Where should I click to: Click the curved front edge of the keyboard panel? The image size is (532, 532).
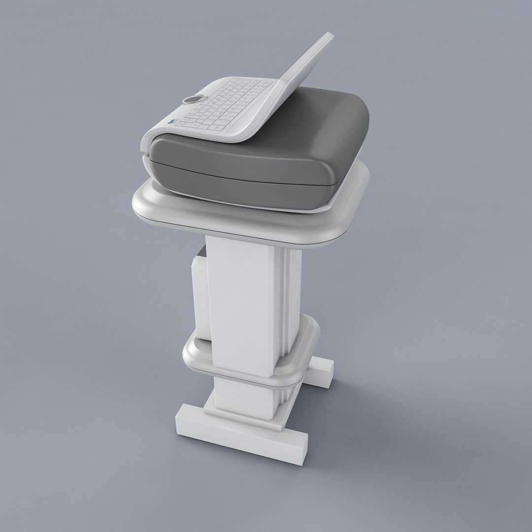[x=197, y=135]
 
